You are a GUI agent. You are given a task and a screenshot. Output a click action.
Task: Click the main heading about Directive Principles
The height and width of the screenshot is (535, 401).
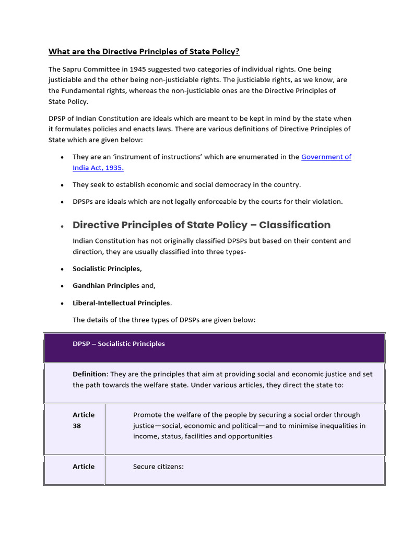(x=144, y=51)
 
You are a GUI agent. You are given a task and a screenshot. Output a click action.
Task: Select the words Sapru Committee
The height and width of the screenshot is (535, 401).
(x=88, y=69)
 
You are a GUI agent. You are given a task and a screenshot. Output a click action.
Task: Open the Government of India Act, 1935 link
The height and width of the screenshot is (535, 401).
(x=326, y=157)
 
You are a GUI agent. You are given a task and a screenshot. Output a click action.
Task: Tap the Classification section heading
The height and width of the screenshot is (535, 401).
(x=201, y=225)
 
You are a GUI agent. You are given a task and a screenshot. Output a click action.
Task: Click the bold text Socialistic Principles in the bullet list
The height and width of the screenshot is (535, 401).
(x=106, y=269)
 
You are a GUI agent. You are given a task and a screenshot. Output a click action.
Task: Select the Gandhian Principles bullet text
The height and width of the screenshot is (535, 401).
(x=106, y=286)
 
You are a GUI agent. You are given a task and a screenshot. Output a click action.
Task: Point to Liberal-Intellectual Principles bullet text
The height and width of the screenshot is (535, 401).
(x=121, y=303)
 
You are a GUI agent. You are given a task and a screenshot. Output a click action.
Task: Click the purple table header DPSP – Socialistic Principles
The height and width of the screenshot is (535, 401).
(x=119, y=344)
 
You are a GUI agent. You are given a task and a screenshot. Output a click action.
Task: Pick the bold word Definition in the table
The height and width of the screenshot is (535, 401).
(x=89, y=374)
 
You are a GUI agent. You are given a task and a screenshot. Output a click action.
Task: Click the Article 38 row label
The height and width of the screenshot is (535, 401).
(x=84, y=420)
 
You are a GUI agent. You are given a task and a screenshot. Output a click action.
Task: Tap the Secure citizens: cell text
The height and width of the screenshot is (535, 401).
(x=158, y=467)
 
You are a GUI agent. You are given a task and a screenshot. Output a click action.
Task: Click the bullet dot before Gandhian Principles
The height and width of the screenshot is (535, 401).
(x=62, y=286)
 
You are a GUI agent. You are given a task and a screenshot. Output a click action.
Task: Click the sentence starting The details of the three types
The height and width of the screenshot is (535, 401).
(x=164, y=320)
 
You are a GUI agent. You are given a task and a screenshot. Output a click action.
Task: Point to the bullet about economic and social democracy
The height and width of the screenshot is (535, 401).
(x=186, y=184)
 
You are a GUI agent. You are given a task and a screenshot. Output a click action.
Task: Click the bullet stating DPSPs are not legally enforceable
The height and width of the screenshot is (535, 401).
(x=207, y=202)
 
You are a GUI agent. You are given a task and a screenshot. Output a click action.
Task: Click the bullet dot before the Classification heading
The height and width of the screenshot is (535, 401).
(x=62, y=226)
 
